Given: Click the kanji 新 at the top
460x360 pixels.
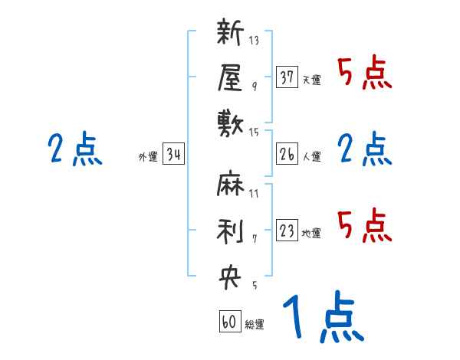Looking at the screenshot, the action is point(231,35).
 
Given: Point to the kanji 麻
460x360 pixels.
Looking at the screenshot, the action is point(231,185).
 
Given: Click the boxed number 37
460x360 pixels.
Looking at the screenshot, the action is point(287,77).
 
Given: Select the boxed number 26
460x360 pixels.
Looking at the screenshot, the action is point(287,155).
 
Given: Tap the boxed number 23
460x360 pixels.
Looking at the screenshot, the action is point(287,231).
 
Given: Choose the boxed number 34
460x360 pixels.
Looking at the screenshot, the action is point(174,155).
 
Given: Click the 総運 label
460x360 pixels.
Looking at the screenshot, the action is point(255,325).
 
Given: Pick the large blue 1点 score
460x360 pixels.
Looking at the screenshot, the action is point(322,318).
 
